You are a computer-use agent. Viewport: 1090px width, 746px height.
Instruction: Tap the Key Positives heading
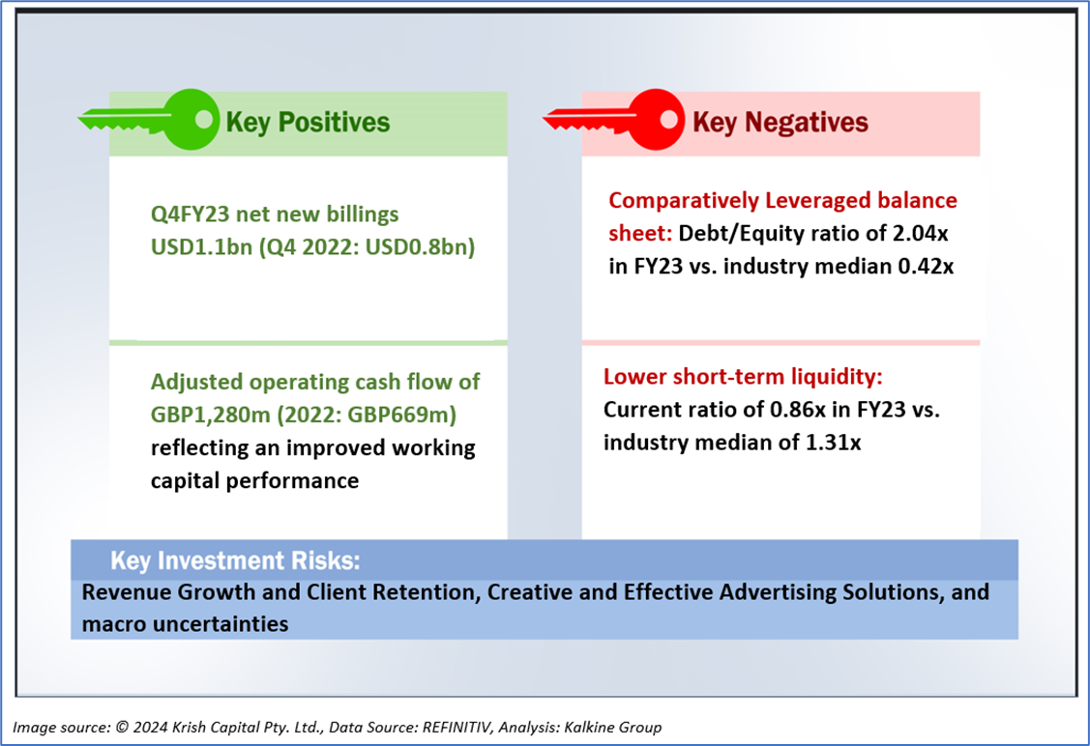(x=308, y=123)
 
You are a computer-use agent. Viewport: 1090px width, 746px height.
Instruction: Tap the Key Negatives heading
(x=781, y=123)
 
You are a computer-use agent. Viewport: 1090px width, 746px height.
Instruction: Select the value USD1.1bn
(x=201, y=246)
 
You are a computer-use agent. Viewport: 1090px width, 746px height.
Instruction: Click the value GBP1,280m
(x=211, y=415)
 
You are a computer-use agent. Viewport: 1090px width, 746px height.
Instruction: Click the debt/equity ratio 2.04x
(x=921, y=234)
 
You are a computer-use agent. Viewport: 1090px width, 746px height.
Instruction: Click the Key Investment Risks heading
(x=236, y=560)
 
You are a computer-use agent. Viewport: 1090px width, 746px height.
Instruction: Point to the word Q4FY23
(x=190, y=214)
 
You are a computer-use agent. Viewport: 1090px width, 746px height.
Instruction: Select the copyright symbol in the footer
(x=122, y=728)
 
